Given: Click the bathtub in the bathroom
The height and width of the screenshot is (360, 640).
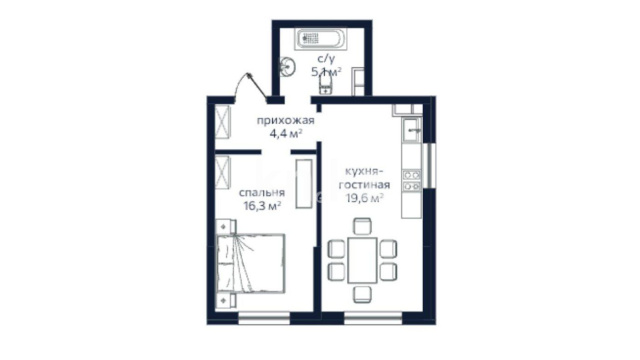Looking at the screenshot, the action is [x=320, y=39].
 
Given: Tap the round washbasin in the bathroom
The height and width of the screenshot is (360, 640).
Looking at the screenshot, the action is [x=288, y=67].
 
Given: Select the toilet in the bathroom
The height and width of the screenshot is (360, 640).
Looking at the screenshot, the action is [x=325, y=85].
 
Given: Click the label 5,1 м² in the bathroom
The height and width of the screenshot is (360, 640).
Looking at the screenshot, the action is [x=327, y=72].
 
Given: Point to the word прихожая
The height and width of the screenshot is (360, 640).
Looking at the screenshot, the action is [x=285, y=121].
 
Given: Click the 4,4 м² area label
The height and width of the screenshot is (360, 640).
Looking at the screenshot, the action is [x=286, y=133].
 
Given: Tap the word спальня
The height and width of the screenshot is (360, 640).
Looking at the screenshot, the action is [x=262, y=193].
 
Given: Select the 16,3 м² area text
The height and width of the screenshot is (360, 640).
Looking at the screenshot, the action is [x=262, y=206].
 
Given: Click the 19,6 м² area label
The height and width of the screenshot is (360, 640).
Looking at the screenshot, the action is [x=364, y=198].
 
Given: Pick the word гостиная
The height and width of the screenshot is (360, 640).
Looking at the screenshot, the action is [x=364, y=185].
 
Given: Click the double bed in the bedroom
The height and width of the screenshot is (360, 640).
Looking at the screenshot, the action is [x=250, y=263].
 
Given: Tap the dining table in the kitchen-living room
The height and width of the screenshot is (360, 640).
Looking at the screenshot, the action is [x=362, y=260].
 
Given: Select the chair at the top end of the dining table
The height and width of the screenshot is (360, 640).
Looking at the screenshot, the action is [x=362, y=226].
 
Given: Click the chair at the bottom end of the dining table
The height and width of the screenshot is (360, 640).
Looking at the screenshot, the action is [x=362, y=294].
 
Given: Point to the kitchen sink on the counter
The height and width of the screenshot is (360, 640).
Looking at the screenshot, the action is [x=411, y=130].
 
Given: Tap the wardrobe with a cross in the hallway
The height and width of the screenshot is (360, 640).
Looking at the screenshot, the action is [x=223, y=122].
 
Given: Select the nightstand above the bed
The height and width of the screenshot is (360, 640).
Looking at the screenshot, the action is [x=226, y=226].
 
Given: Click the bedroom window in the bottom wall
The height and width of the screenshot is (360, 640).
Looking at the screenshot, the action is [x=264, y=318].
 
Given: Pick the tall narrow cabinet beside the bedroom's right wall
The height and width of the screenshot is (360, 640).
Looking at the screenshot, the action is [x=304, y=184].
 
